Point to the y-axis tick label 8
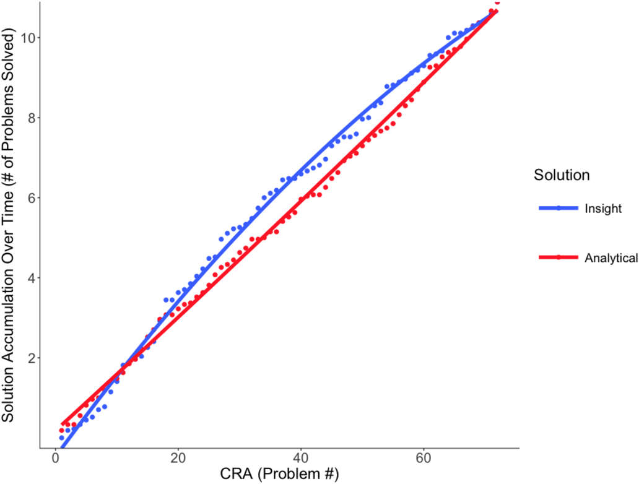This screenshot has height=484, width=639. (28, 118)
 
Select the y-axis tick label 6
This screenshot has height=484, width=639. (28, 198)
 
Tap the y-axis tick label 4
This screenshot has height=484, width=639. (28, 278)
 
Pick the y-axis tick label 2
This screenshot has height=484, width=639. (28, 358)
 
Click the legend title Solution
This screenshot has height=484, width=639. (562, 176)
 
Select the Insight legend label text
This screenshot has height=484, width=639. (602, 209)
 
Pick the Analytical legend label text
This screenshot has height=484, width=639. (611, 258)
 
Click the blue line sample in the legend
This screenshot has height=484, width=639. (559, 209)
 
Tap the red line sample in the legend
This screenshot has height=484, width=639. (559, 258)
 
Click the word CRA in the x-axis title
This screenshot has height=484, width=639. (235, 474)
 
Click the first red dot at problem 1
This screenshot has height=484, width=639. (61, 430)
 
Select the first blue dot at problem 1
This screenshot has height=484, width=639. (61, 438)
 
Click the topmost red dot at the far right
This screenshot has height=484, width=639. (497, 2)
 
